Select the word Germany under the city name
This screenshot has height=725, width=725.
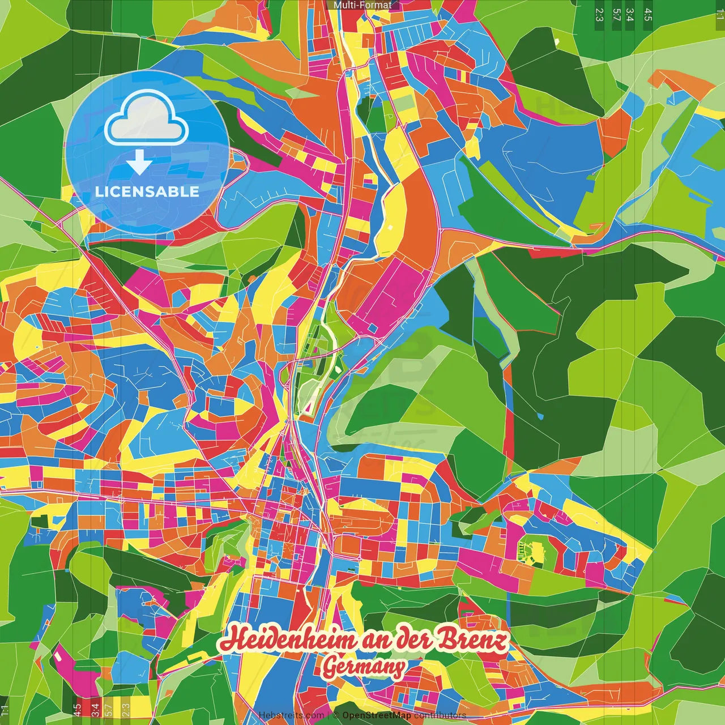coord(364,667)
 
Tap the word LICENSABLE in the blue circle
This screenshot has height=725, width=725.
coord(147,191)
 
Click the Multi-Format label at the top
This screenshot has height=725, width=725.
coord(362,5)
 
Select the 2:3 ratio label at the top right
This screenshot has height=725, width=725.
coord(599,15)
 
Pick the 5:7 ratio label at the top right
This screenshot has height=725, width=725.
coord(616,15)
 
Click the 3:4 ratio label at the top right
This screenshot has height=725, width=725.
coord(630,15)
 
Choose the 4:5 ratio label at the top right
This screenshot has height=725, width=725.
coord(648,15)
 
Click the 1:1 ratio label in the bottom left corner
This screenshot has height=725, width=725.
coord(5,710)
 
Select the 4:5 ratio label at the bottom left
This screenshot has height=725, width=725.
coord(77,710)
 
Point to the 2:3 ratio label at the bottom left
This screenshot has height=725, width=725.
coord(126,710)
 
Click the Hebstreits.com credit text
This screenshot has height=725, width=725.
coord(291,715)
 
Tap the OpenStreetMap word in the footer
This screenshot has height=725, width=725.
coord(377,715)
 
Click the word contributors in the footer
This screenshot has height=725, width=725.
coord(440,715)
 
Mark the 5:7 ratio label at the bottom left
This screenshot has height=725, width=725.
coord(109,710)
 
